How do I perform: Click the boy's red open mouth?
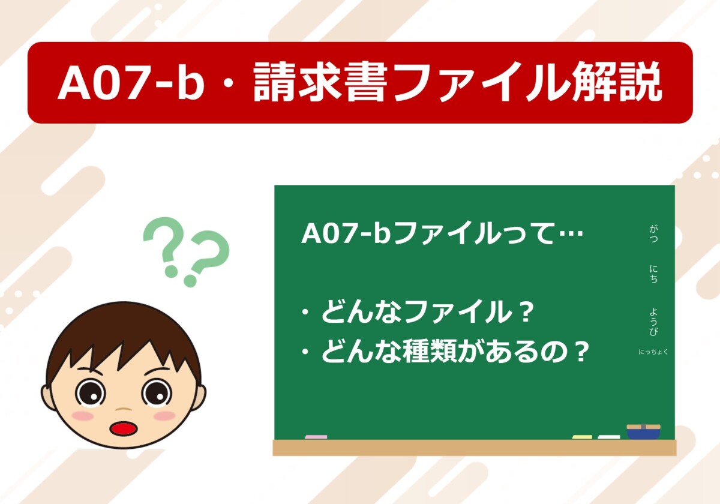click(124, 428)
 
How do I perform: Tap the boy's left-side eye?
click(91, 394)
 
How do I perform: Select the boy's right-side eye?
click(157, 393)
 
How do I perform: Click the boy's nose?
click(124, 409)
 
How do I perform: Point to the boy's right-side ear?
click(199, 398)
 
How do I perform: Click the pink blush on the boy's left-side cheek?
click(83, 416)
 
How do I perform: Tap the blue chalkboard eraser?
click(643, 431)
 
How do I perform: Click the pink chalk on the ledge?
click(316, 437)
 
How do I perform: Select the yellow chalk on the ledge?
click(582, 437)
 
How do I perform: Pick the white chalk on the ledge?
click(609, 437)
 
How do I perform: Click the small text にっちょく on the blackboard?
click(653, 352)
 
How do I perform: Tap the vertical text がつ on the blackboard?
click(653, 233)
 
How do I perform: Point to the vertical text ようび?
click(653, 322)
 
